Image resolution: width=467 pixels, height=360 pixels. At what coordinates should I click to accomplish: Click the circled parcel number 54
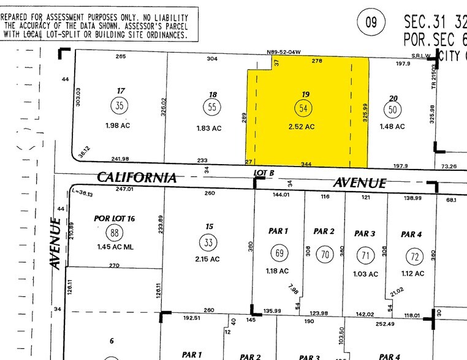(302, 108)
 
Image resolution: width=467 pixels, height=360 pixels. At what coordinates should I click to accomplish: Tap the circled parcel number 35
(119, 106)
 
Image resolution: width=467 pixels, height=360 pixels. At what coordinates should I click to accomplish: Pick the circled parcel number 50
(392, 110)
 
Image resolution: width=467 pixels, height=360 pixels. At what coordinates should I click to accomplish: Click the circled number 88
(114, 233)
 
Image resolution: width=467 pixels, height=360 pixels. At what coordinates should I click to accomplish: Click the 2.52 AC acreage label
(302, 127)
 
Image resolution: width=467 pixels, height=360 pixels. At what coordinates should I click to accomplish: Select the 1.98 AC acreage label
(118, 126)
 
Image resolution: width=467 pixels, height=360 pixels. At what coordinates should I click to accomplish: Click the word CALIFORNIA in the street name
(137, 178)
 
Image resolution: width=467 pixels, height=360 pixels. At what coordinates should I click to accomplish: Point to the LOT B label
(264, 173)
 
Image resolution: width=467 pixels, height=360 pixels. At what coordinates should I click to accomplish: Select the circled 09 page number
(371, 23)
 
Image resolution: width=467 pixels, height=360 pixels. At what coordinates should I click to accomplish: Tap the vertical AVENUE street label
(56, 244)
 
